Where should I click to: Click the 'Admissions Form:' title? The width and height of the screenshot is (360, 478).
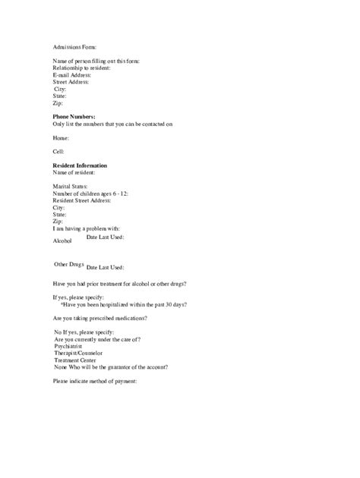point(75,47)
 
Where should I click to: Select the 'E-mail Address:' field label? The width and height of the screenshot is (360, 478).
point(72,75)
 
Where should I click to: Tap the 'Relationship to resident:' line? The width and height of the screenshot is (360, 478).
point(81,68)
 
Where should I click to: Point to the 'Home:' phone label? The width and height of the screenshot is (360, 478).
point(61,138)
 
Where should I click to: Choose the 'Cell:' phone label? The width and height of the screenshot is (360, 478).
point(59,152)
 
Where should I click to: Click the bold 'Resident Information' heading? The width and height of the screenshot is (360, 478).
point(80,165)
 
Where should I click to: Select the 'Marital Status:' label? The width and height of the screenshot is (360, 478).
point(70,186)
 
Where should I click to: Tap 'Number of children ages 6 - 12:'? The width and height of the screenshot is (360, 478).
point(90,193)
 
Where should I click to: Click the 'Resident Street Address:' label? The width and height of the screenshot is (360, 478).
point(82,200)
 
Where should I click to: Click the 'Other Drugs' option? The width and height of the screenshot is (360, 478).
point(68,264)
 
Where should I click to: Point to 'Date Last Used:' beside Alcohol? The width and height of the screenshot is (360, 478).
point(106,237)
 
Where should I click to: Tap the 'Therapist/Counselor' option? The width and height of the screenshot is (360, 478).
point(78,353)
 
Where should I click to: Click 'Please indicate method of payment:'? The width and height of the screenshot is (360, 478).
point(94,380)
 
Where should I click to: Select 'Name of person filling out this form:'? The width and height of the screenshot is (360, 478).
point(96,61)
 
